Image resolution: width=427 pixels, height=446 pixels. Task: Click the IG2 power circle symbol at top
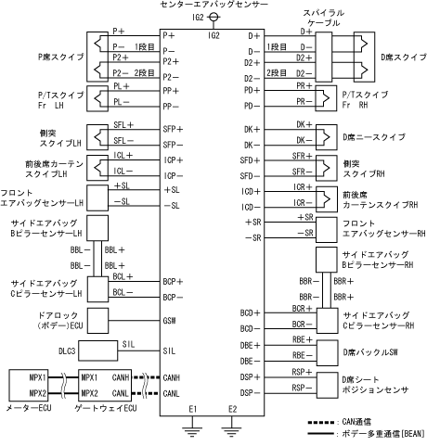(x=213, y=17)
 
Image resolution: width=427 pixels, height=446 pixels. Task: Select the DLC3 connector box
(x=97, y=350)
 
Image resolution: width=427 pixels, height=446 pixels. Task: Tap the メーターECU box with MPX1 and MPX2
(x=29, y=386)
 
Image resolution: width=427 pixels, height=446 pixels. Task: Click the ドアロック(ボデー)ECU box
(x=97, y=321)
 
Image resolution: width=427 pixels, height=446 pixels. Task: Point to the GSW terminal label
(x=169, y=321)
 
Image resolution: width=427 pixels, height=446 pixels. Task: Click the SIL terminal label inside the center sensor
(x=169, y=350)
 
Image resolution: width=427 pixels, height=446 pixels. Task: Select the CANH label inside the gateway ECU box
(x=120, y=377)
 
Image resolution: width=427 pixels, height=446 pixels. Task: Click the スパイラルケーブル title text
(x=323, y=18)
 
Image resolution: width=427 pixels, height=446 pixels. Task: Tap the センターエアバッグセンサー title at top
(x=213, y=5)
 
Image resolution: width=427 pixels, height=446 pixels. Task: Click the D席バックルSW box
(x=327, y=353)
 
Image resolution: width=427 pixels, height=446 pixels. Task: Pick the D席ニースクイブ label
(x=374, y=137)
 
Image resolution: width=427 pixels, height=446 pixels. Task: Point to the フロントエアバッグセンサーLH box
(x=97, y=198)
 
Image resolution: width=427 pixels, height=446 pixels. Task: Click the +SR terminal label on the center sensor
(x=252, y=222)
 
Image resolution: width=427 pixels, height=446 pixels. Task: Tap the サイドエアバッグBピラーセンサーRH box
(x=327, y=260)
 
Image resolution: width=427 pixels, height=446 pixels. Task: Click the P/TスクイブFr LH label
(x=61, y=99)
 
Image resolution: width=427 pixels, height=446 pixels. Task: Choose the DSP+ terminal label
(x=250, y=377)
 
